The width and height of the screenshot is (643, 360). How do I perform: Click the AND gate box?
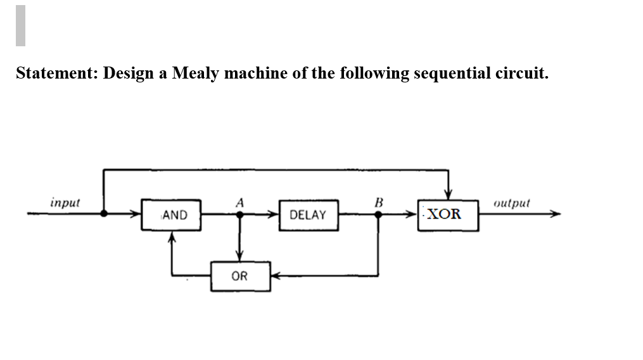pos(171,215)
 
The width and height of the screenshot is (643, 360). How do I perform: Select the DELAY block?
pos(308,215)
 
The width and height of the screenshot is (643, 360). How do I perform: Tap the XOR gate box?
pos(448,214)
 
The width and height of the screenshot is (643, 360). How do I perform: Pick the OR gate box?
pos(240,276)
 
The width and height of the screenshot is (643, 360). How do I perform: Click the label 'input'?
pos(65,203)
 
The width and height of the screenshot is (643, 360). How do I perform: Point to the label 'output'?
pos(511,203)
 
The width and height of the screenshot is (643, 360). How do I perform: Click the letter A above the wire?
pos(239,202)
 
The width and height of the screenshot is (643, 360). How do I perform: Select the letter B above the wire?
pos(378,202)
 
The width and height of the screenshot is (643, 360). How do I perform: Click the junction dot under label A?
pos(239,214)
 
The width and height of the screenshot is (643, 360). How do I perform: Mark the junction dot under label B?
pos(378,214)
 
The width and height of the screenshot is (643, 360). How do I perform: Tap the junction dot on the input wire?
pos(103,214)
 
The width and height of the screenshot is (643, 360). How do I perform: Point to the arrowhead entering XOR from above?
pos(449,195)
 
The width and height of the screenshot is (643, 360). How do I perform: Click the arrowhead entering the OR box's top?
pos(239,257)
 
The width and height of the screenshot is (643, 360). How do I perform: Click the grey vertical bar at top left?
pos(20,25)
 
